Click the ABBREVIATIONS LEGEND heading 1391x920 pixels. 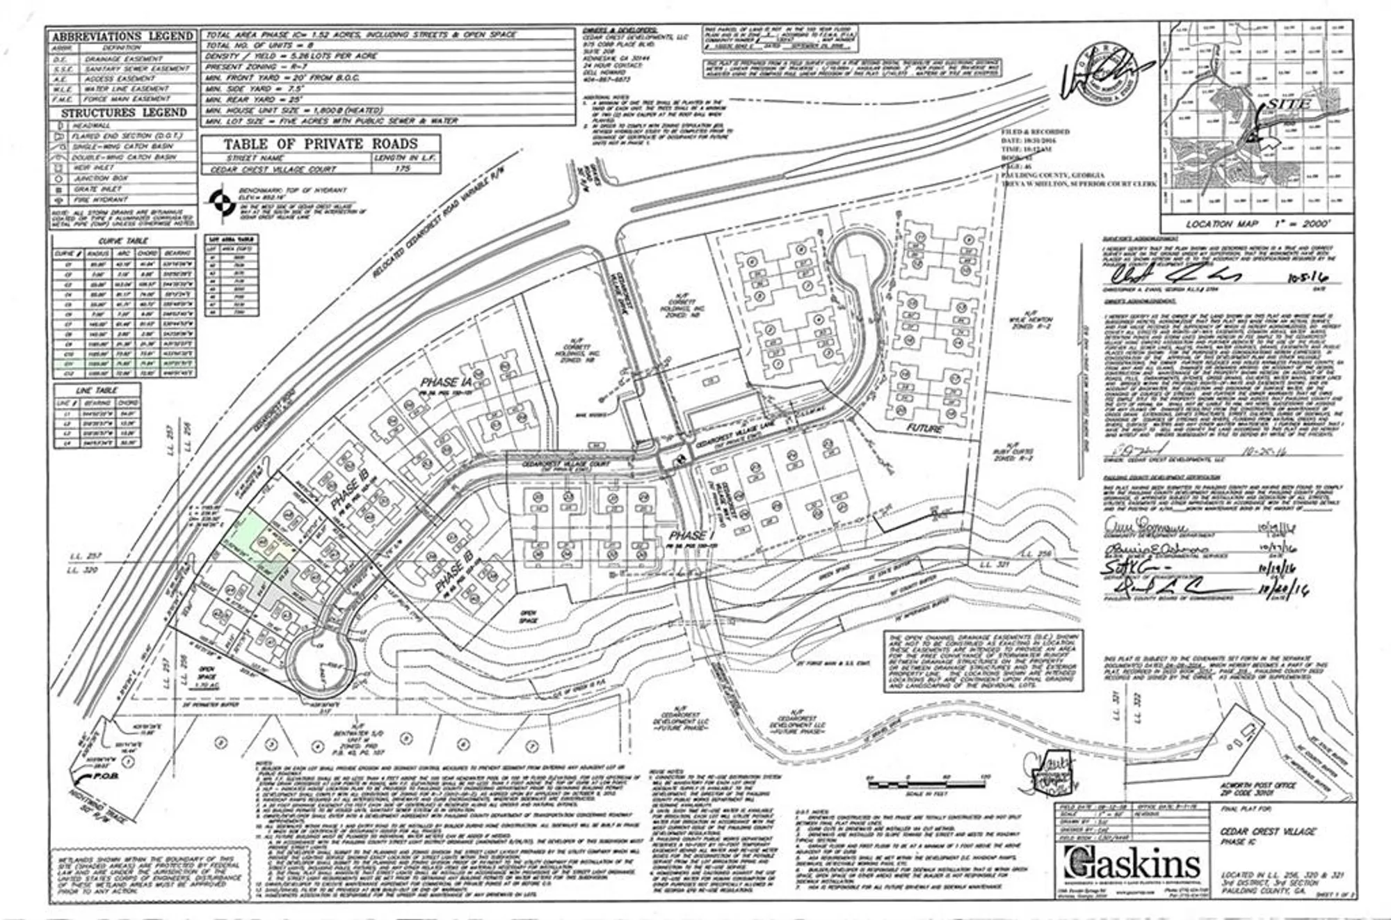tap(122, 36)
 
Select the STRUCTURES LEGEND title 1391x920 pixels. tap(124, 113)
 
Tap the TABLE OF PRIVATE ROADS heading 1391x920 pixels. tap(321, 144)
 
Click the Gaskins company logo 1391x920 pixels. tap(1132, 864)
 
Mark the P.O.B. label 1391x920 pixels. tap(105, 776)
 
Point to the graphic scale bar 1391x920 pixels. tap(925, 785)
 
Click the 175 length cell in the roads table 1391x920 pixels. tap(402, 168)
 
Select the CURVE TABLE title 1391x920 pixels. tap(124, 241)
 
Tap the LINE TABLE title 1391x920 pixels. tap(97, 390)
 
